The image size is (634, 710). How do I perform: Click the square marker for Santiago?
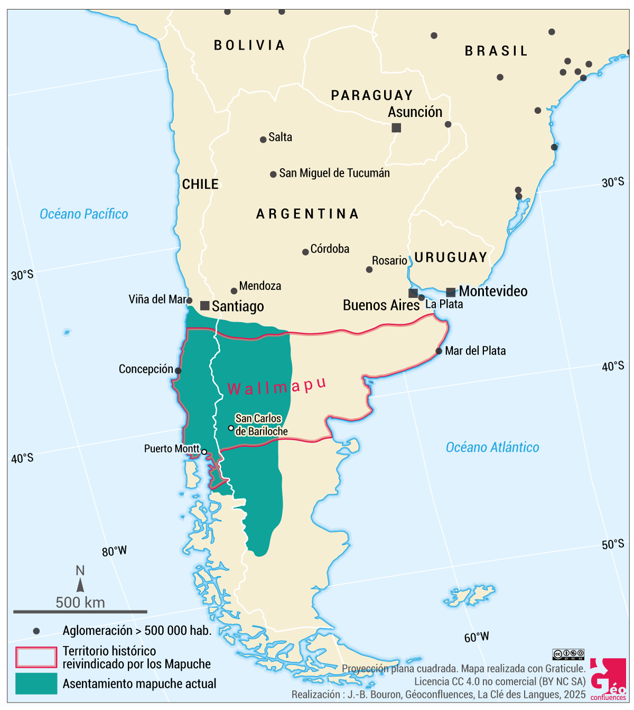point(205,306)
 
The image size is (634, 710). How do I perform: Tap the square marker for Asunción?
point(396,127)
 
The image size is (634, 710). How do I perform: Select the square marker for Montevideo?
point(451,292)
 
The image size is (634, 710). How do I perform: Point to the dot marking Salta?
point(263,140)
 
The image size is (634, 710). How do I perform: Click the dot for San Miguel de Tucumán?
point(273,174)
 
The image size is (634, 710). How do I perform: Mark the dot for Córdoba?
point(305,252)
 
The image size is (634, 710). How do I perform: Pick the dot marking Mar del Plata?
point(439,351)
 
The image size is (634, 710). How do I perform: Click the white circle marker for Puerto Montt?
point(204,452)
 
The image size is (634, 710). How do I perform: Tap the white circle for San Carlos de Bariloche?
point(231,428)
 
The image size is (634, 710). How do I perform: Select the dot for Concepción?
point(178,371)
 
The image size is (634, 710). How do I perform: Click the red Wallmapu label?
point(276,386)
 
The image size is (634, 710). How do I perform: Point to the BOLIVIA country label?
point(249,45)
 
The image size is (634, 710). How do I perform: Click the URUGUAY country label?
point(451,257)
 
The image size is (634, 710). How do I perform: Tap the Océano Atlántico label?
point(492,447)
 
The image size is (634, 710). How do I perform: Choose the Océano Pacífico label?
point(84,214)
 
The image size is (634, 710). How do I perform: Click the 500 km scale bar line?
point(80,612)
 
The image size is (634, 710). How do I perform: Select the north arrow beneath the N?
point(80,585)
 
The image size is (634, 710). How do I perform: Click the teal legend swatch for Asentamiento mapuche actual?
point(36,684)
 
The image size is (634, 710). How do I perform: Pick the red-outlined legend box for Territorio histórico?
point(36,657)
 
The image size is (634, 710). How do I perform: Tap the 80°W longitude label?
point(114,551)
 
